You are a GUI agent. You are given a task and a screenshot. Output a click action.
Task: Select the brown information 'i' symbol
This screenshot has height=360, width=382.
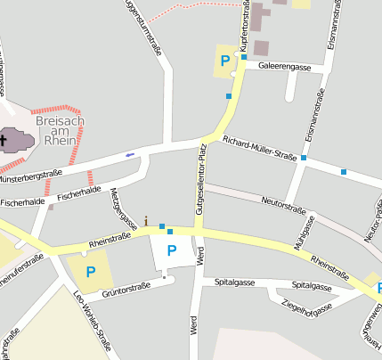point(147,220)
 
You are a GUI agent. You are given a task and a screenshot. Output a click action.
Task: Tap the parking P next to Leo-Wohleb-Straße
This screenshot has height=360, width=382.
point(90,271)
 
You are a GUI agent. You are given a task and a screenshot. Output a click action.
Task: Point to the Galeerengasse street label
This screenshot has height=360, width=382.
point(284,66)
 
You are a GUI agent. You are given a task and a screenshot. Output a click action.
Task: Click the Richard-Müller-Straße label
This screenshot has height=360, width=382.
point(259,148)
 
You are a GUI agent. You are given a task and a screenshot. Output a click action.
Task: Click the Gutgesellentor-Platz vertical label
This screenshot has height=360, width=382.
point(200,178)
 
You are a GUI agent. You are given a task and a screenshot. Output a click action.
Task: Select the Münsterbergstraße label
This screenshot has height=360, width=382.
point(31,176)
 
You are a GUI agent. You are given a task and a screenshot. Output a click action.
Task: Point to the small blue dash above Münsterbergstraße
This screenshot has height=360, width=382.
point(130,155)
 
